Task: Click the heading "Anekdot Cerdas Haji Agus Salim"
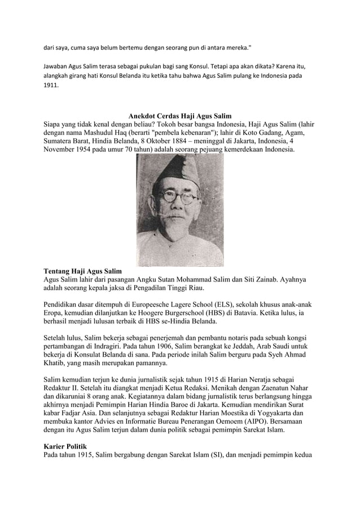click(179, 116)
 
